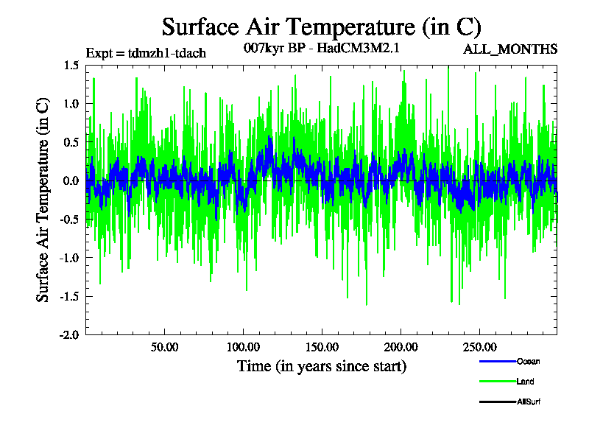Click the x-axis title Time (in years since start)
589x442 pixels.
click(x=321, y=366)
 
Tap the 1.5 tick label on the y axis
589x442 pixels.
click(x=71, y=66)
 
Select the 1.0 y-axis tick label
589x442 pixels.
click(x=71, y=104)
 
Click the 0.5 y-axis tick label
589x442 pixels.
click(x=71, y=142)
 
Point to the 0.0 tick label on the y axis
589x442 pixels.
click(x=71, y=180)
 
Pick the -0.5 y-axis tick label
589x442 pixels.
click(x=70, y=219)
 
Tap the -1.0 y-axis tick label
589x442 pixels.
click(x=70, y=257)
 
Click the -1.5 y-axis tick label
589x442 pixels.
click(x=70, y=296)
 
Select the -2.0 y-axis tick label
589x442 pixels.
click(x=70, y=334)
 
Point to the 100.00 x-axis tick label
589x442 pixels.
click(x=243, y=346)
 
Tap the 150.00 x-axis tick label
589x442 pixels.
click(x=321, y=346)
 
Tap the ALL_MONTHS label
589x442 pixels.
click(x=509, y=50)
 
